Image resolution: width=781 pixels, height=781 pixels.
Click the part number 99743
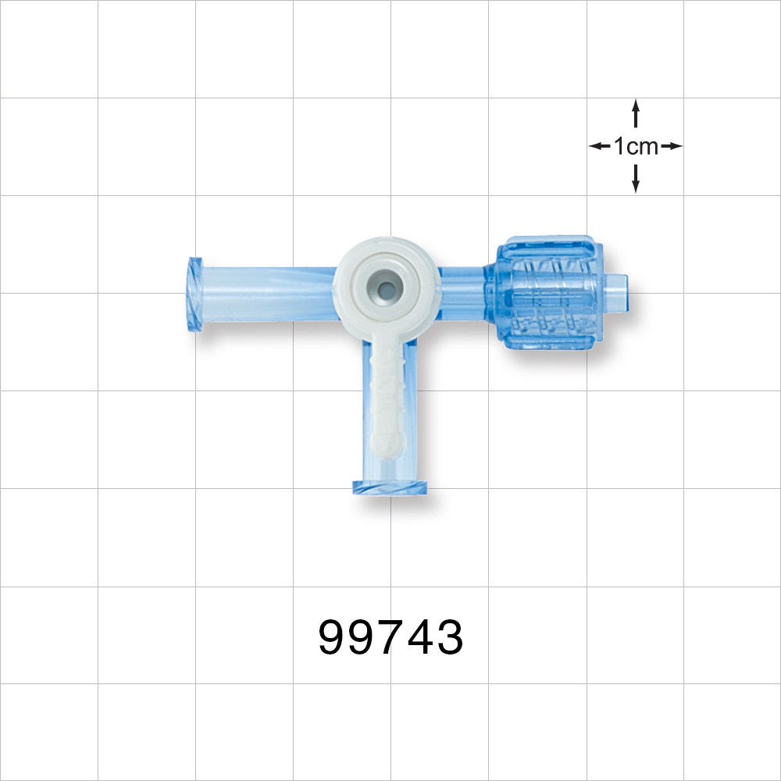(390, 638)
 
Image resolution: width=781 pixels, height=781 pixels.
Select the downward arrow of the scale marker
(636, 180)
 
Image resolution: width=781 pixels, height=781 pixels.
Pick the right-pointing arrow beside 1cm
(672, 146)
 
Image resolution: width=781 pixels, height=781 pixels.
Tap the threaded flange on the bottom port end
(391, 488)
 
